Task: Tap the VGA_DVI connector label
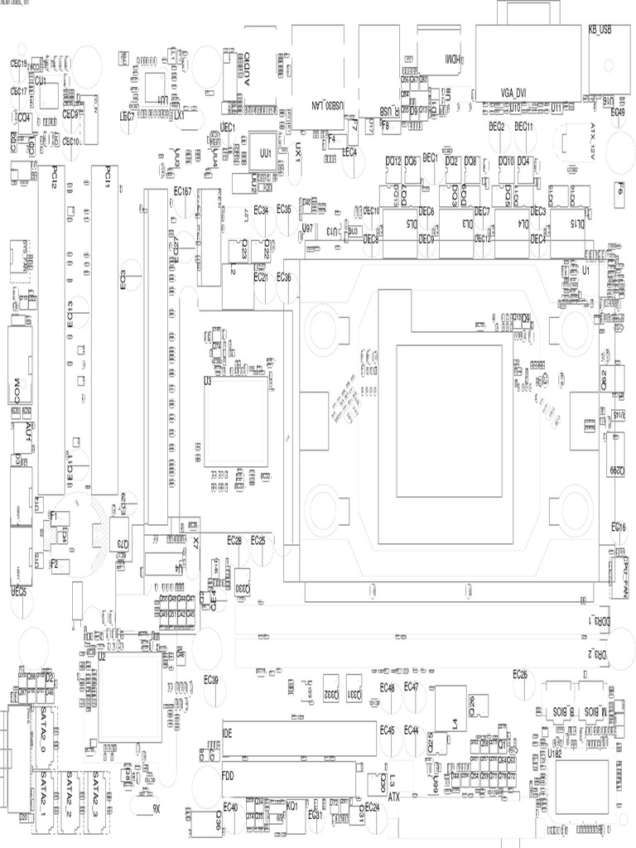pos(515,92)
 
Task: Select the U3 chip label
pos(208,383)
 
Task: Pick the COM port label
pos(14,388)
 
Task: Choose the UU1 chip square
pos(265,154)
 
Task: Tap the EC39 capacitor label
pos(211,680)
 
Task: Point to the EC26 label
pos(520,674)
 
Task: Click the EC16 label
pos(619,528)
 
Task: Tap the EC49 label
pos(618,113)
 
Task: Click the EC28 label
pos(234,540)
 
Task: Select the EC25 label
pos(258,540)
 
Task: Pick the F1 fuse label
pos(55,515)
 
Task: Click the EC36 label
pos(283,277)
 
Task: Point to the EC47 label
pos(412,687)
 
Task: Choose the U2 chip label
pos(102,655)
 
